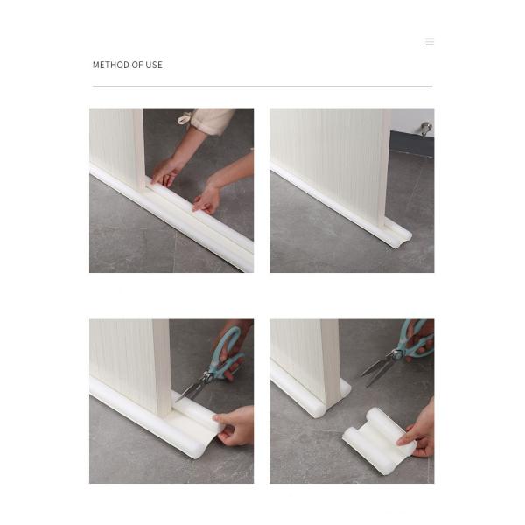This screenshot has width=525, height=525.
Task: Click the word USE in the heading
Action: click(154, 65)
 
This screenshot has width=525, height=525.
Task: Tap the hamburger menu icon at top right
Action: click(430, 42)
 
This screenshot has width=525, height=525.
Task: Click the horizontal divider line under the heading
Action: click(262, 86)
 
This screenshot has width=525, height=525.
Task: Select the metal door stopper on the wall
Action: click(426, 129)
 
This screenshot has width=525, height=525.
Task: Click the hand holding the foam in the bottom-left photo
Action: click(234, 426)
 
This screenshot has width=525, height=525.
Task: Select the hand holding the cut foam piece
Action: click(418, 430)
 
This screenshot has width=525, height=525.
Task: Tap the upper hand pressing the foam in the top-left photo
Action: click(167, 171)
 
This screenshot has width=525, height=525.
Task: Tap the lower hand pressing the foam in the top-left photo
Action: click(209, 198)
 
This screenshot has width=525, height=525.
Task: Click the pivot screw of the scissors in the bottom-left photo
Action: click(208, 377)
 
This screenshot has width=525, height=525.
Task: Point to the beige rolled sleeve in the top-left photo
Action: click(211, 121)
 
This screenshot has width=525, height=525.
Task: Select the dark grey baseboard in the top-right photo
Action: click(412, 143)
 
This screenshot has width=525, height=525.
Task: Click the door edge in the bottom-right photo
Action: click(331, 361)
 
